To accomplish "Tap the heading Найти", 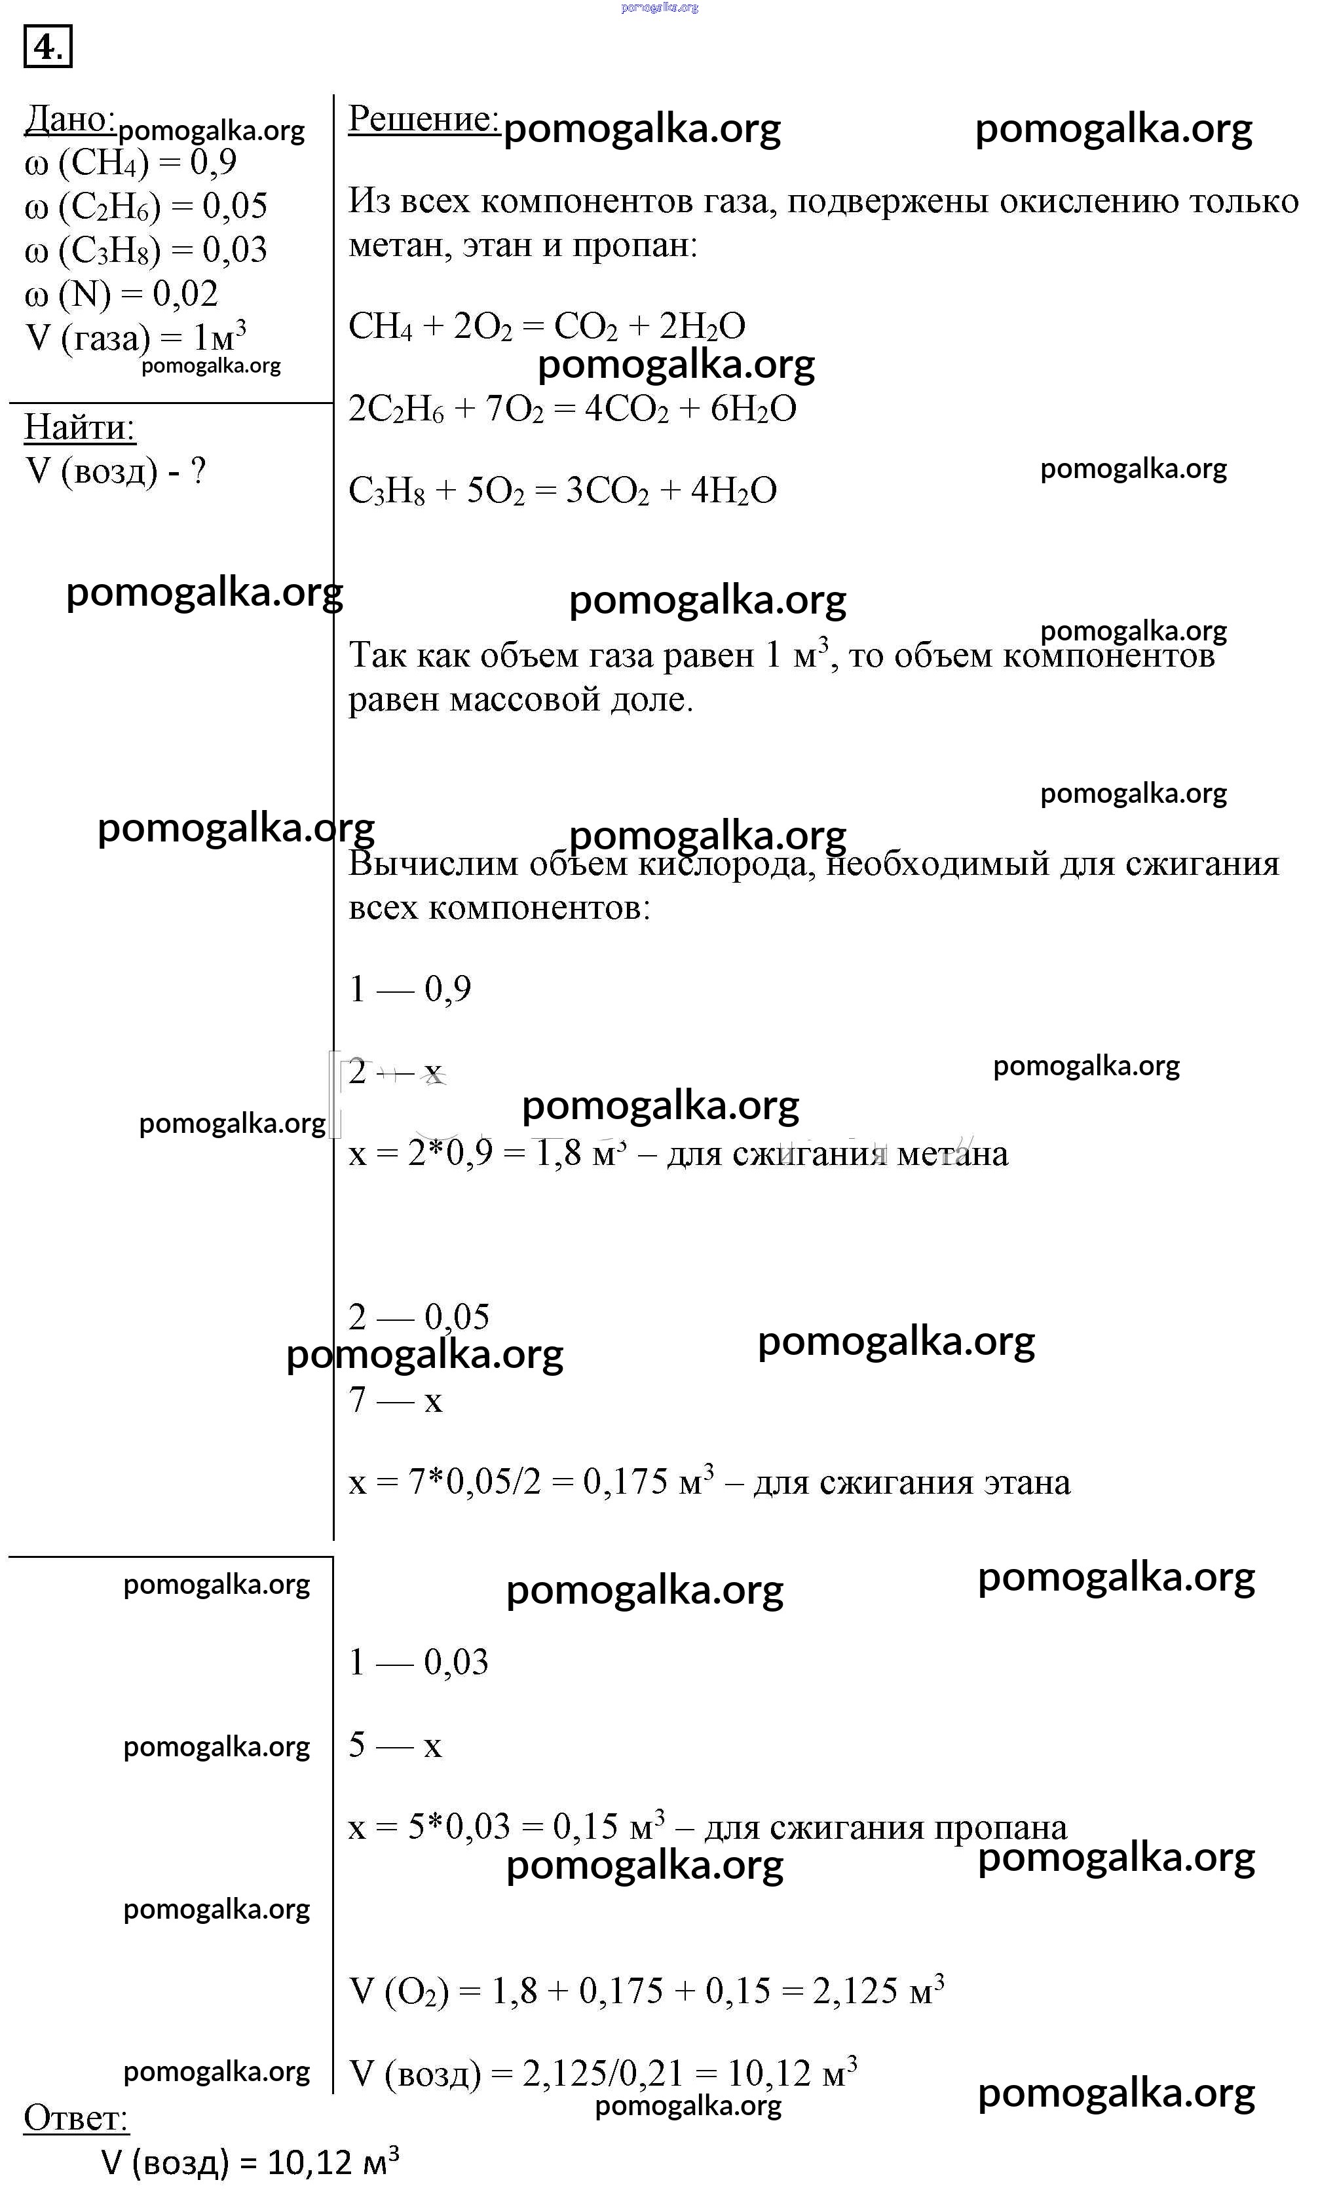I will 79,427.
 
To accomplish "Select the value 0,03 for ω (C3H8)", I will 235,250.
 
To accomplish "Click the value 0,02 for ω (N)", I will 185,294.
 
